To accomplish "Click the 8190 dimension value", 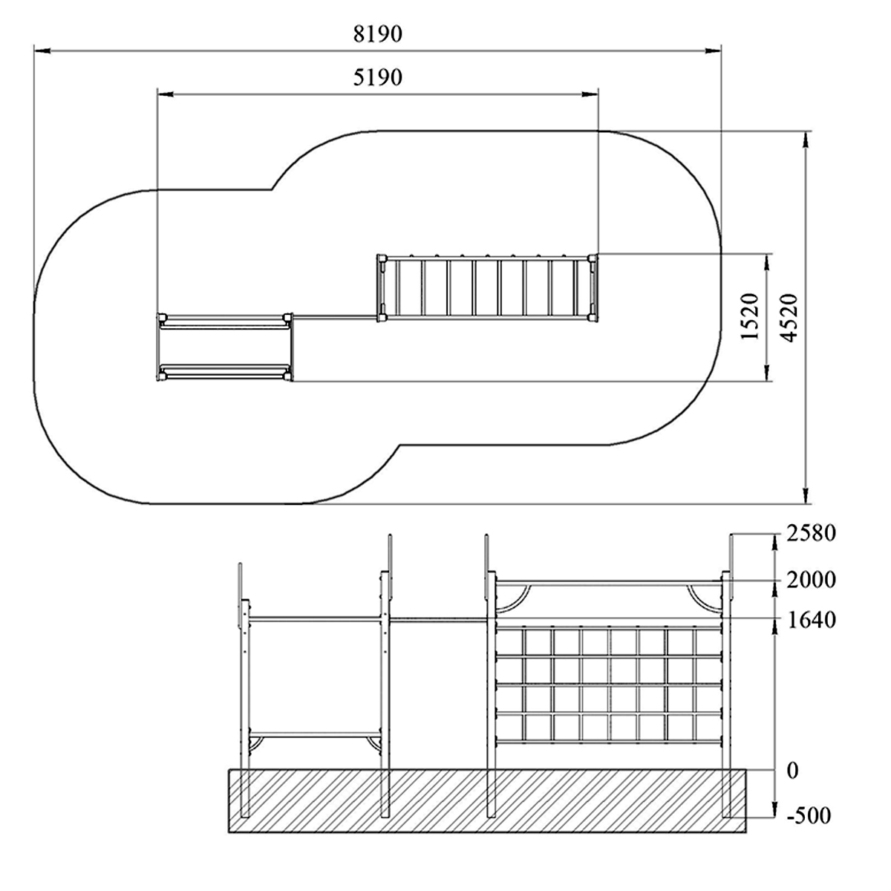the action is (378, 34).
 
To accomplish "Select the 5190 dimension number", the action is (378, 78).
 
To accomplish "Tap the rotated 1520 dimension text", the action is (750, 317).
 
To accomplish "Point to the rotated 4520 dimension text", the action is (789, 318).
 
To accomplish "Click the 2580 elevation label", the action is (812, 533).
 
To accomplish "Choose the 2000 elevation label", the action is (812, 580).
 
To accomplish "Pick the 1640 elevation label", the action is (812, 620).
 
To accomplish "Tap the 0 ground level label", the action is (792, 771).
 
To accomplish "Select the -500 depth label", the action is (809, 815).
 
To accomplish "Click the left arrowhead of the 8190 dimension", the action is (42, 50).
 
